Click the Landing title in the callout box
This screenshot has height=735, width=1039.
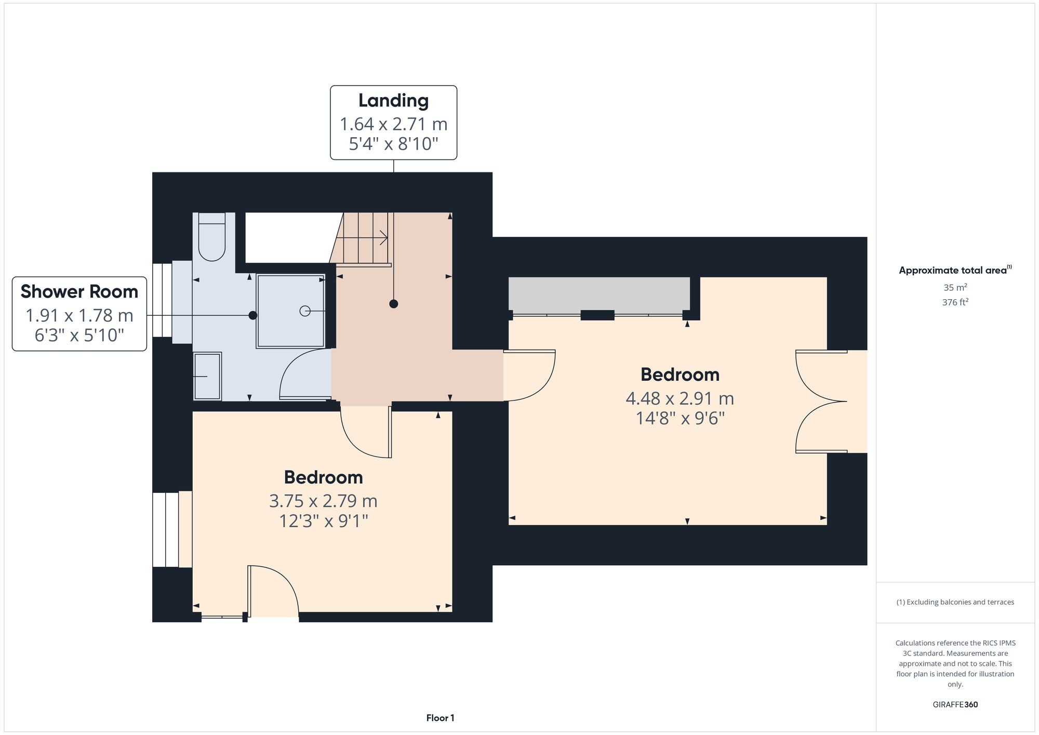coord(393,101)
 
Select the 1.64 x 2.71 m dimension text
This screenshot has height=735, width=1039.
coord(393,124)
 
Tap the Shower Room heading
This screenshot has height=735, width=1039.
coord(79,292)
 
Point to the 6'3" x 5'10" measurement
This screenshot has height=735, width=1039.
coord(79,336)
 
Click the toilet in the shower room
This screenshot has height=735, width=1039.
coord(211,237)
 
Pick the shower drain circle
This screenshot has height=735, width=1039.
coord(305,311)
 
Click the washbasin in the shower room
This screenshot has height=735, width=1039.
coord(207,376)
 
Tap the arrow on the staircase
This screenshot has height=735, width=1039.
coord(383,238)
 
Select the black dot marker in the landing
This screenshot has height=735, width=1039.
coord(394,304)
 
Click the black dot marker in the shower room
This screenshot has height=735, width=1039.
coord(253,315)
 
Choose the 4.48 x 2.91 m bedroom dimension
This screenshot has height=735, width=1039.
coord(680,398)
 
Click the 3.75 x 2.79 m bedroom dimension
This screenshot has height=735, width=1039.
coord(323,501)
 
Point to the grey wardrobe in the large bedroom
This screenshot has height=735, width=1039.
coord(599,295)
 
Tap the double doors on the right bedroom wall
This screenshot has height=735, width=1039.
coord(821,401)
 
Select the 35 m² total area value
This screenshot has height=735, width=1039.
coord(955,287)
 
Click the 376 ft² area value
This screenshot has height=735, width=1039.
coord(955,302)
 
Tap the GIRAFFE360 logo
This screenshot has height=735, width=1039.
coord(955,704)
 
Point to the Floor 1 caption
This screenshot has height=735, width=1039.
coord(440,718)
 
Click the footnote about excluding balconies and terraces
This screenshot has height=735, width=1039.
coord(955,602)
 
